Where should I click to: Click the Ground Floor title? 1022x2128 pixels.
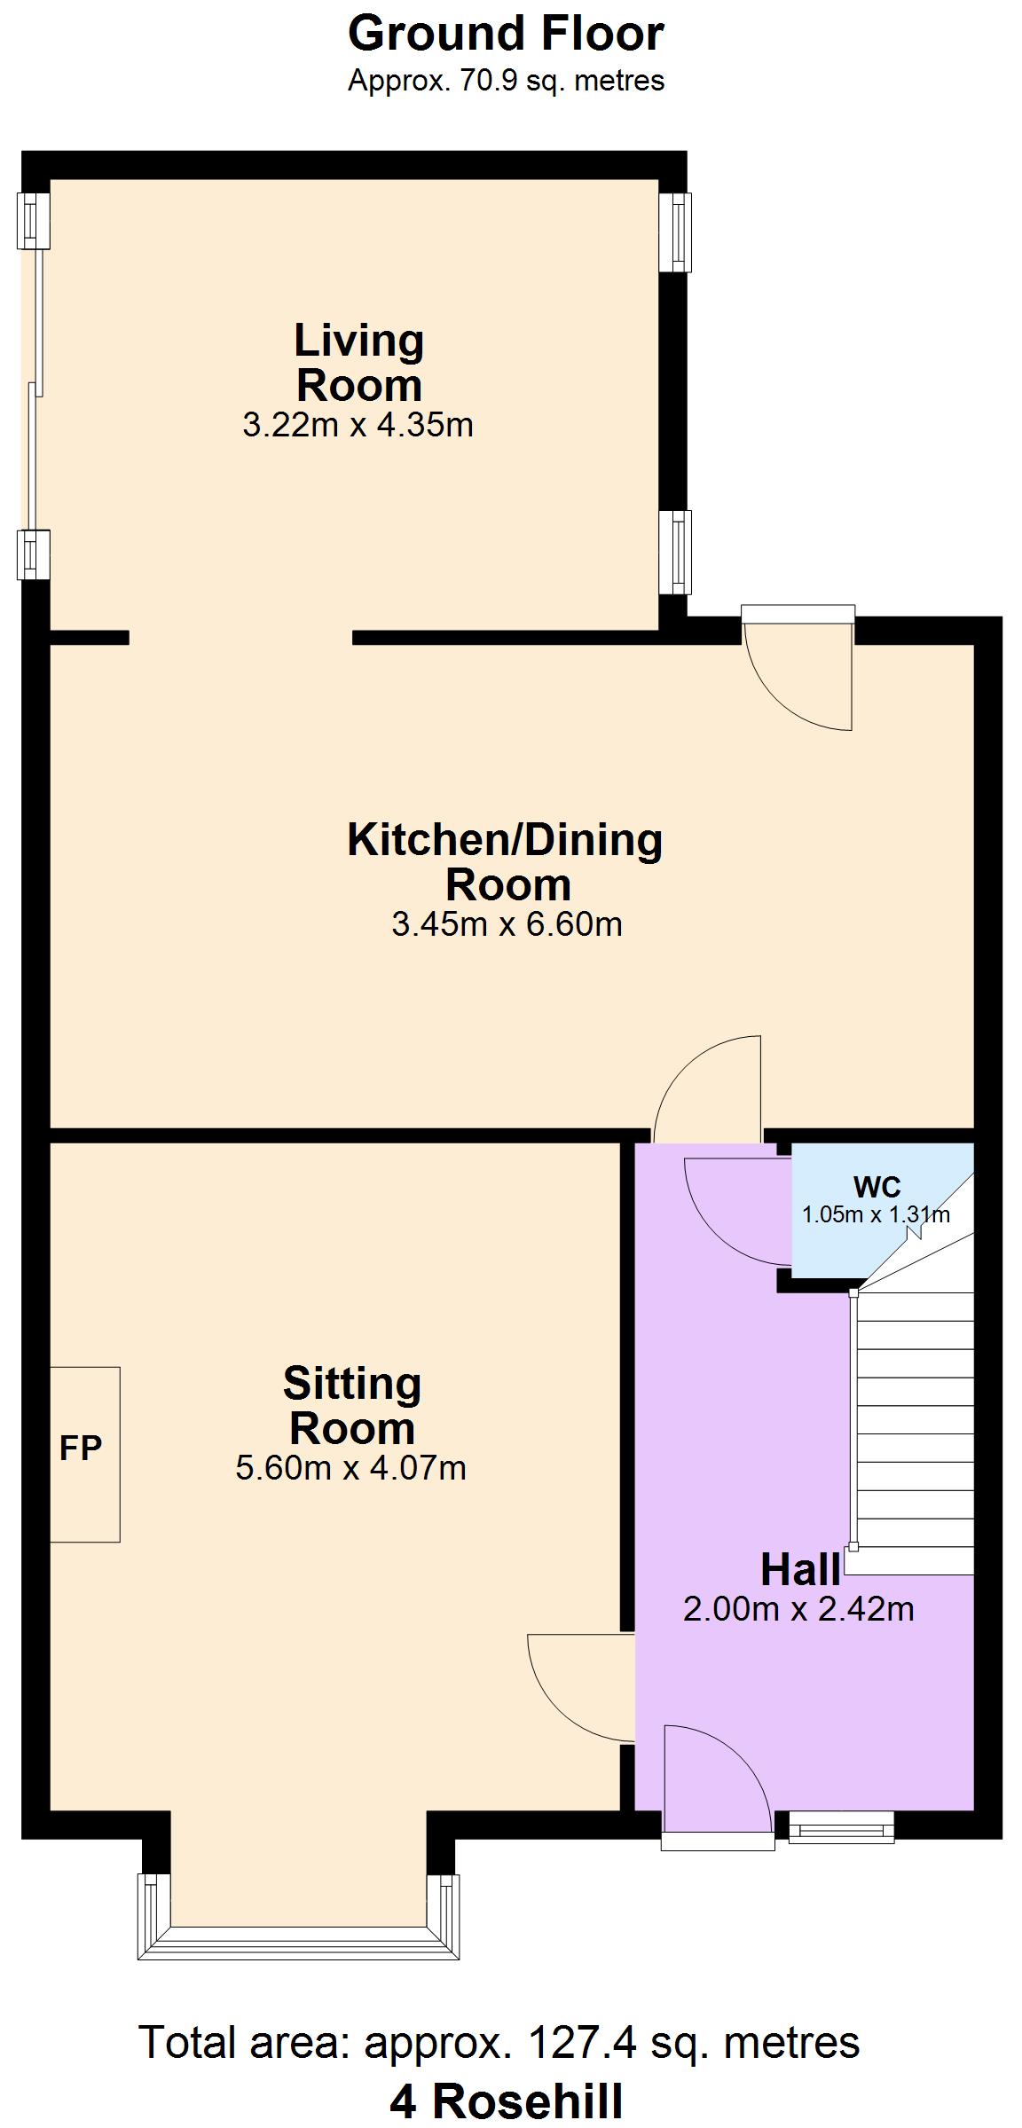click(506, 35)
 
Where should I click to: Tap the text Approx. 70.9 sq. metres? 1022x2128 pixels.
click(506, 81)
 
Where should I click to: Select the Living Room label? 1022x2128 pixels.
click(359, 363)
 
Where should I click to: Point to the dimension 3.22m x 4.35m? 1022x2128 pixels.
click(358, 425)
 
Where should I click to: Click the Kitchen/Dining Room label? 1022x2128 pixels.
click(506, 862)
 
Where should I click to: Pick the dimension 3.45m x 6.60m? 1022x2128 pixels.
click(507, 924)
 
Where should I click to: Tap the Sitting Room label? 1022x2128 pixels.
click(352, 1405)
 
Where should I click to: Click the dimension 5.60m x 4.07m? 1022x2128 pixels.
click(350, 1467)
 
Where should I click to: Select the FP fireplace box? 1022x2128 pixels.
click(83, 1454)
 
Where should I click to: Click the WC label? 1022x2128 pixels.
click(877, 1187)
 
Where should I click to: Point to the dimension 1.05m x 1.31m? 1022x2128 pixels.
click(876, 1214)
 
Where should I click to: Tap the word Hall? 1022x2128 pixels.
click(800, 1570)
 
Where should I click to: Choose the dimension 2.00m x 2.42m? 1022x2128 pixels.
click(798, 1608)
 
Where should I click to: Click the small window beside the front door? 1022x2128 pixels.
click(841, 1827)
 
